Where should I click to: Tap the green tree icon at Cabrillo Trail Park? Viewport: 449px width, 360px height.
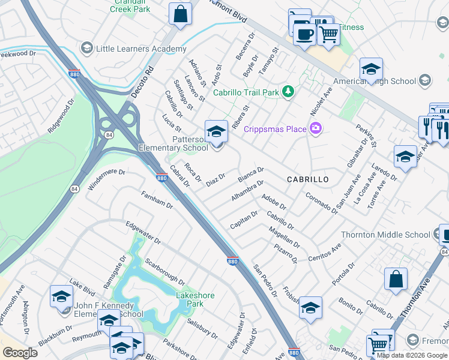pos(289,92)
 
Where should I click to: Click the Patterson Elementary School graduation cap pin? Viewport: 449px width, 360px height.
pos(216,131)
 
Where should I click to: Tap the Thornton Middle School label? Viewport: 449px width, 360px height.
pos(385,235)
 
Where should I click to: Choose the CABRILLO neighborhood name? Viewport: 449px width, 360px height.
pos(307,179)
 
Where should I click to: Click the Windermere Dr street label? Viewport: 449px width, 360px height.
pos(106,179)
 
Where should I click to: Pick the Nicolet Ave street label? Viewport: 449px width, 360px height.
pos(321,101)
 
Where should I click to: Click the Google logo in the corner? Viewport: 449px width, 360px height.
pos(20,352)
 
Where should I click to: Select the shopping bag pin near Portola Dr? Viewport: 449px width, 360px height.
pos(396,280)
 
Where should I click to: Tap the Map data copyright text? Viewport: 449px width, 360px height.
pos(412,355)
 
